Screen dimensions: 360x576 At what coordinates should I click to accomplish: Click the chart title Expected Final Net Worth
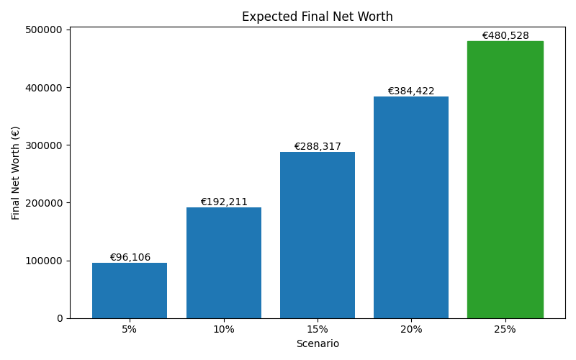[317, 17]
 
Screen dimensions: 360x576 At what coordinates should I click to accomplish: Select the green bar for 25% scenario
[505, 180]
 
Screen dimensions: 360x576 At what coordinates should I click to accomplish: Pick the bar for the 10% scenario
[223, 263]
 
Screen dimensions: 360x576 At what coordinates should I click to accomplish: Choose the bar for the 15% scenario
[317, 235]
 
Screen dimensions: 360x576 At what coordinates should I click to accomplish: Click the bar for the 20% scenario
[411, 207]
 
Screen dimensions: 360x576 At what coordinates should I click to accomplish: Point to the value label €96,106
[130, 257]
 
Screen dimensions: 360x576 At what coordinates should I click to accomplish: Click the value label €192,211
[223, 202]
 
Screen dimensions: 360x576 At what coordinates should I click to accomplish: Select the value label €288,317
[317, 146]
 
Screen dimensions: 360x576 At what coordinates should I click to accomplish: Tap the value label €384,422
[411, 91]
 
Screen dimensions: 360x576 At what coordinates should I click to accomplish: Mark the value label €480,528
[505, 35]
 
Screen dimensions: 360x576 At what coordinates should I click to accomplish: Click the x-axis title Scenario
[317, 344]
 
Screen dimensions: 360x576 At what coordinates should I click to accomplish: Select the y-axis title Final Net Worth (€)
[16, 173]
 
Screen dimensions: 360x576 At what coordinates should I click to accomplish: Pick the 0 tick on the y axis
[60, 318]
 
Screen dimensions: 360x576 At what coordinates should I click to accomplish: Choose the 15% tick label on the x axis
[317, 329]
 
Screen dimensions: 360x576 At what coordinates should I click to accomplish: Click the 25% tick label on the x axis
[505, 329]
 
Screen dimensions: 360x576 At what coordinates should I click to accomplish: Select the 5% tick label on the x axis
[130, 329]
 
